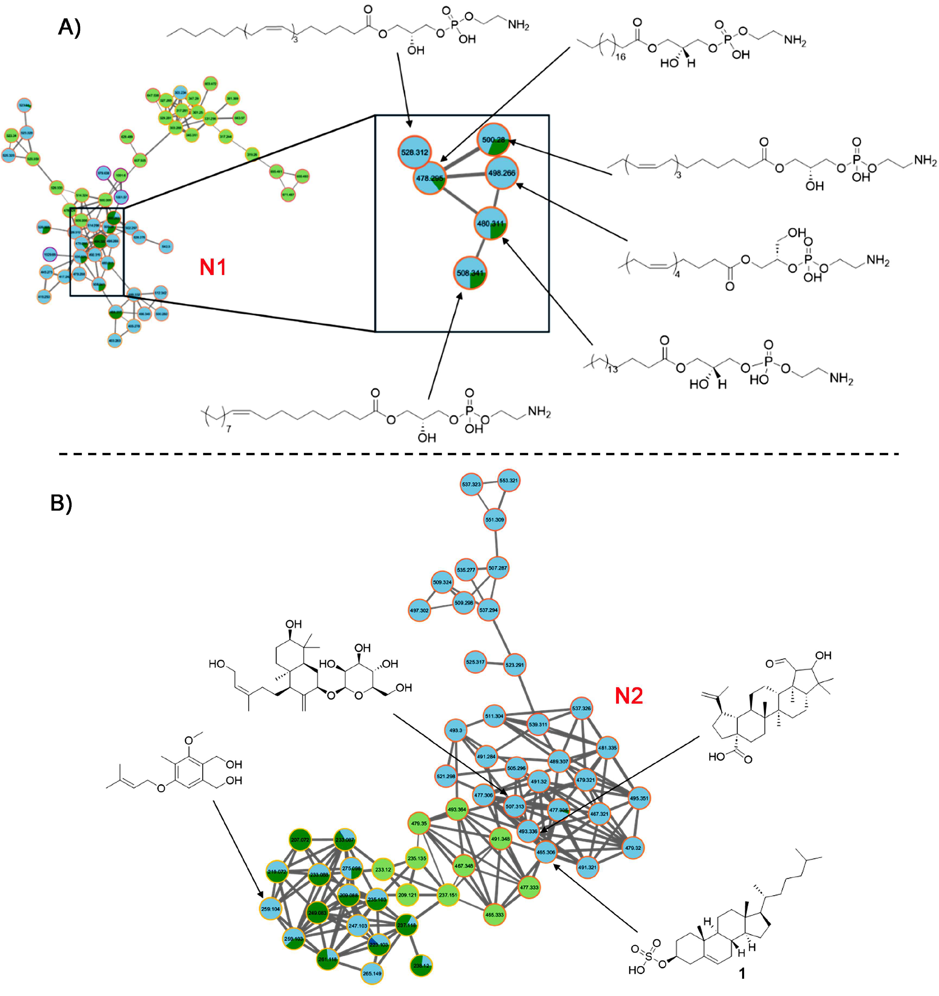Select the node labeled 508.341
470,273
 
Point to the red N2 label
629,696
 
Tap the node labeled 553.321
508,481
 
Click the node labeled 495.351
639,798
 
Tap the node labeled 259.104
270,909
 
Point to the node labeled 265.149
372,974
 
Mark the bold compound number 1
742,974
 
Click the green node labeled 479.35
419,823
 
